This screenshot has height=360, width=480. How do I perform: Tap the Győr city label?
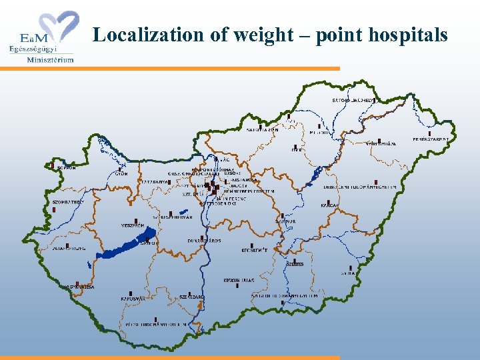click(x=121, y=173)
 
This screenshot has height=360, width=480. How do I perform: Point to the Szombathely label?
click(x=69, y=201)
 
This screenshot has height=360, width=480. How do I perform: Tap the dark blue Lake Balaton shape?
click(x=131, y=243)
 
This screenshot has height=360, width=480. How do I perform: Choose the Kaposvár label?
click(x=133, y=299)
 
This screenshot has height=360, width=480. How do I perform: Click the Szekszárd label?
click(x=192, y=297)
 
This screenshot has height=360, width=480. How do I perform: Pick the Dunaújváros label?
click(x=204, y=240)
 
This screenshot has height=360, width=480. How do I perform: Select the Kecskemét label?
click(x=255, y=251)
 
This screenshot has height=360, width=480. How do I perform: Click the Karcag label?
click(x=329, y=205)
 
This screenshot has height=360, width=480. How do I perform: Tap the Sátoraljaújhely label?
click(x=353, y=100)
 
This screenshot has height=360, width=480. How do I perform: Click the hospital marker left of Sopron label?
click(x=53, y=165)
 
